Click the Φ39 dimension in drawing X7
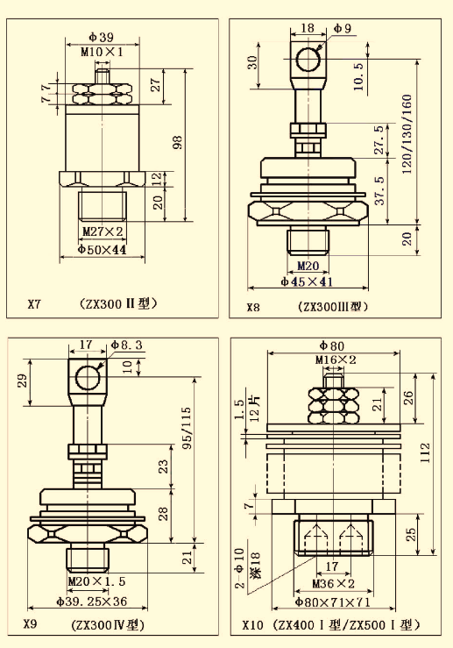click(101, 37)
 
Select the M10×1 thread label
click(102, 52)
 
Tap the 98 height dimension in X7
click(178, 142)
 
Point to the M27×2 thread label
click(103, 231)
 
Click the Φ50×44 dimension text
click(103, 250)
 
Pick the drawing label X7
click(34, 304)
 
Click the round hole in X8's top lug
click(308, 59)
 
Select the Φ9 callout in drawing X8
click(343, 28)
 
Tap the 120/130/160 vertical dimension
click(407, 134)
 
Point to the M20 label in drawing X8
click(308, 265)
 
